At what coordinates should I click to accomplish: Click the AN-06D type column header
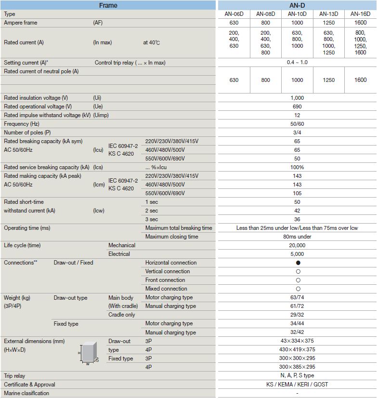[x=234, y=14]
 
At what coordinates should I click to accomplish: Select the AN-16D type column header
[x=360, y=14]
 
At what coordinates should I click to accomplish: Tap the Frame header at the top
[x=108, y=5]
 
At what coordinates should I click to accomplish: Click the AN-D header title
[x=297, y=5]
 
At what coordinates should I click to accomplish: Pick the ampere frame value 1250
[x=328, y=23]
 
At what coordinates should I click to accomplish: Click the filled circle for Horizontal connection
[x=298, y=263]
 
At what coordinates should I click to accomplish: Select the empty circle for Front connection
[x=298, y=280]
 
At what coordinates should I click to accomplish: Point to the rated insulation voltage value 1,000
[x=297, y=98]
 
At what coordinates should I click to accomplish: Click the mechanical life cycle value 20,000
[x=297, y=245]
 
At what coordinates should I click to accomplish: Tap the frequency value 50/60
[x=297, y=124]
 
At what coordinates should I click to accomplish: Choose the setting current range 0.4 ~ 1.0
[x=297, y=63]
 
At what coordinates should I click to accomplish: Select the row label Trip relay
[x=14, y=376]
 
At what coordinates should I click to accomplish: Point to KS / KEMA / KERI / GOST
[x=297, y=385]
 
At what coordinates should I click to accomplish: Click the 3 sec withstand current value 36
[x=297, y=219]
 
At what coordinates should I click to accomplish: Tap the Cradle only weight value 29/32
[x=297, y=315]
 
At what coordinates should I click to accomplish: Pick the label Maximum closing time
[x=171, y=237]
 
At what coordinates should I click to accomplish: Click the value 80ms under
[x=297, y=237]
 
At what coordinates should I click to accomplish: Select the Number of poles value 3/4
[x=297, y=133]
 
